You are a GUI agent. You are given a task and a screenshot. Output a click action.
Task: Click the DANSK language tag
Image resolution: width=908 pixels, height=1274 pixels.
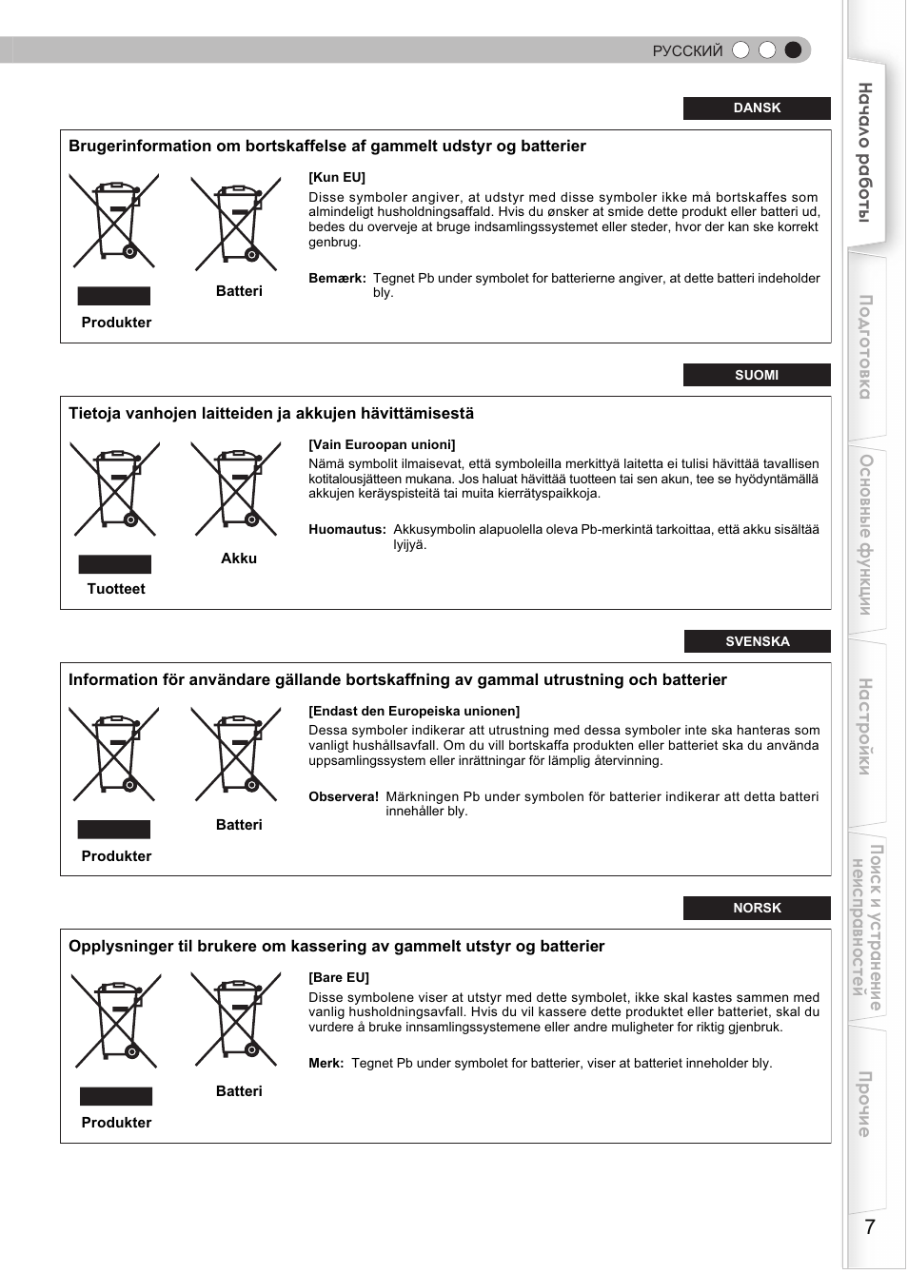pos(757,108)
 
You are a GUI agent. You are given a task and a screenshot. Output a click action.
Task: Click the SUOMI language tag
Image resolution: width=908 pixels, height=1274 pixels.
pos(757,375)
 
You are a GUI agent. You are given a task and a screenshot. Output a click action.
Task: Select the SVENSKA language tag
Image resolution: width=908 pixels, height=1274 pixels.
pos(757,641)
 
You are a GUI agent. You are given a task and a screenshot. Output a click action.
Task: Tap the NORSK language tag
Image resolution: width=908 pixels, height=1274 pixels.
pos(757,908)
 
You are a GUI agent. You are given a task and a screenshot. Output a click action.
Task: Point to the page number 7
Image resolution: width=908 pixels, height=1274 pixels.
pos(869,1226)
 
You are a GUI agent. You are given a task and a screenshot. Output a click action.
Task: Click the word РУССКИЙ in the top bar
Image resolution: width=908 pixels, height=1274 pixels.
pos(687,51)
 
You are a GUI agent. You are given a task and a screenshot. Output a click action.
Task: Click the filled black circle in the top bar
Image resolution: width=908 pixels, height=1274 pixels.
pos(793,50)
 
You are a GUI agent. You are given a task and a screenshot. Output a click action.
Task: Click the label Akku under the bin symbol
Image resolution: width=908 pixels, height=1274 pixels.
pos(239,559)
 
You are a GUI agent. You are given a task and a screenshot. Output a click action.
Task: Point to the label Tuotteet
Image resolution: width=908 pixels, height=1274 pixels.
pos(116,589)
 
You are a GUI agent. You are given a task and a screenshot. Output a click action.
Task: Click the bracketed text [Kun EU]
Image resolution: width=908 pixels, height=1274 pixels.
pos(337,177)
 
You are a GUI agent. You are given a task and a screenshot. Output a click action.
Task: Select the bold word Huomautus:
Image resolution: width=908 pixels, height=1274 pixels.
pos(347,530)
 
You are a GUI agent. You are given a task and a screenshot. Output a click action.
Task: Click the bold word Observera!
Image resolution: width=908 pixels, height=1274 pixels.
pos(344,797)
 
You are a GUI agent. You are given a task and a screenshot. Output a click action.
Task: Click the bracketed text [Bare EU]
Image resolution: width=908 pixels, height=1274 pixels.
pos(339,977)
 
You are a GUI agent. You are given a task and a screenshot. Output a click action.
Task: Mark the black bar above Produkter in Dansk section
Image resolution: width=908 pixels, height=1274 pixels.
pos(114,296)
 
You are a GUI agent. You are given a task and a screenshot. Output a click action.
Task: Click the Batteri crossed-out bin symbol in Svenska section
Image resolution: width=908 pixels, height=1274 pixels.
pos(237,754)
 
